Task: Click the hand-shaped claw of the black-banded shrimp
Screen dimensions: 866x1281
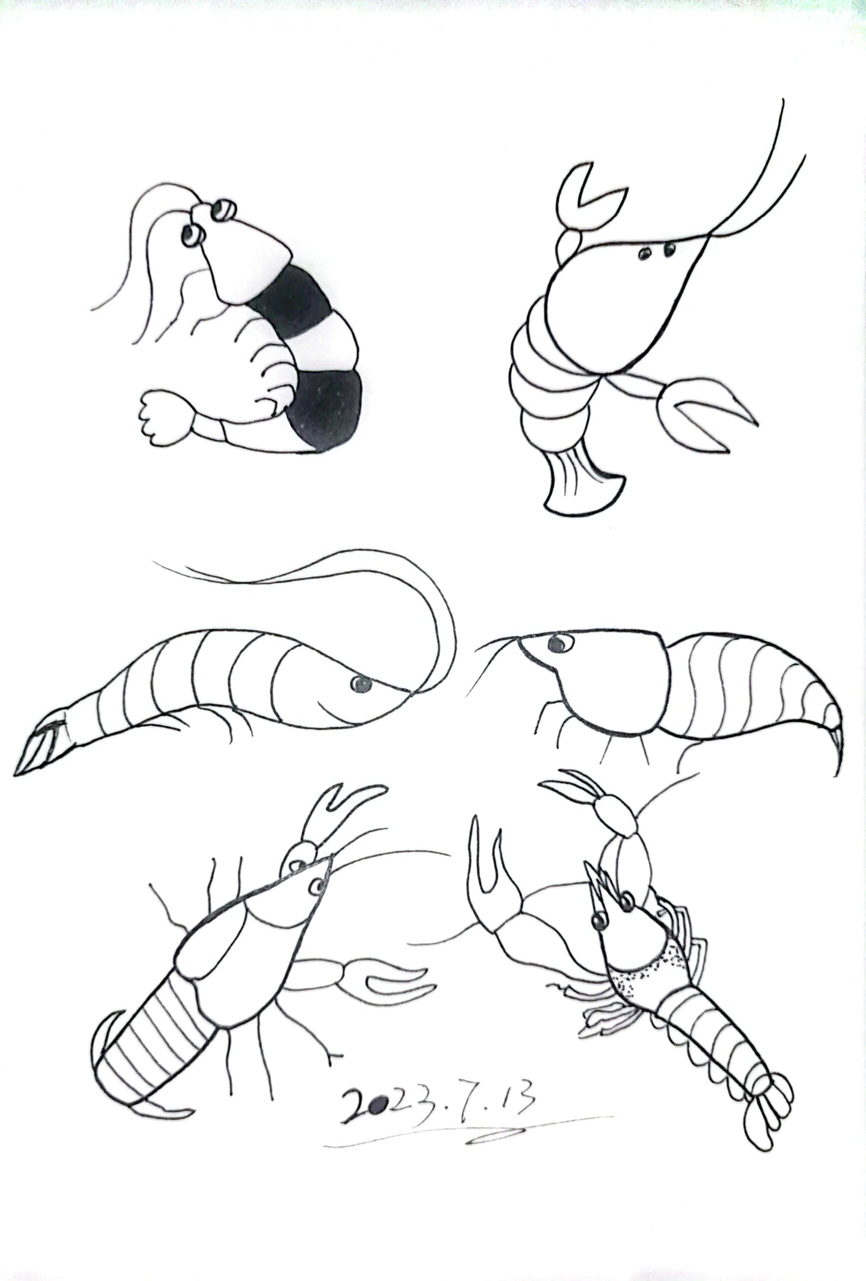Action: click(164, 417)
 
